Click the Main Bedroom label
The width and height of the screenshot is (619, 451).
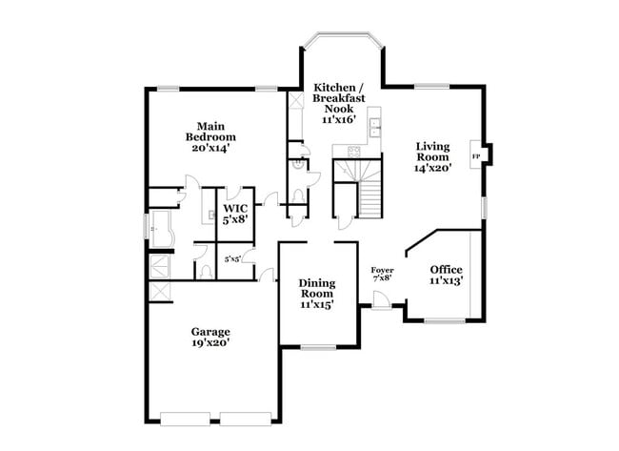(210, 137)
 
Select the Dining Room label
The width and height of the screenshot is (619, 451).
(316, 294)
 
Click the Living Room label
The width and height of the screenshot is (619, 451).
(432, 156)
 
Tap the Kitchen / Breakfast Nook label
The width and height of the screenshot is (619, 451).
(338, 103)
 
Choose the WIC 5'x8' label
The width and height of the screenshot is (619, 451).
(235, 213)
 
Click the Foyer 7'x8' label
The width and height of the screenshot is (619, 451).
(382, 275)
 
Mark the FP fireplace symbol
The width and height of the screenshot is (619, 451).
(475, 155)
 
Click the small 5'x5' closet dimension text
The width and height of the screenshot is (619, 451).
(232, 258)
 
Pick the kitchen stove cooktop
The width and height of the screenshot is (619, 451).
(353, 150)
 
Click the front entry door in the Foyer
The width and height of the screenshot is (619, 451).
(381, 300)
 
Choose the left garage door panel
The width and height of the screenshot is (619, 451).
(189, 419)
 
